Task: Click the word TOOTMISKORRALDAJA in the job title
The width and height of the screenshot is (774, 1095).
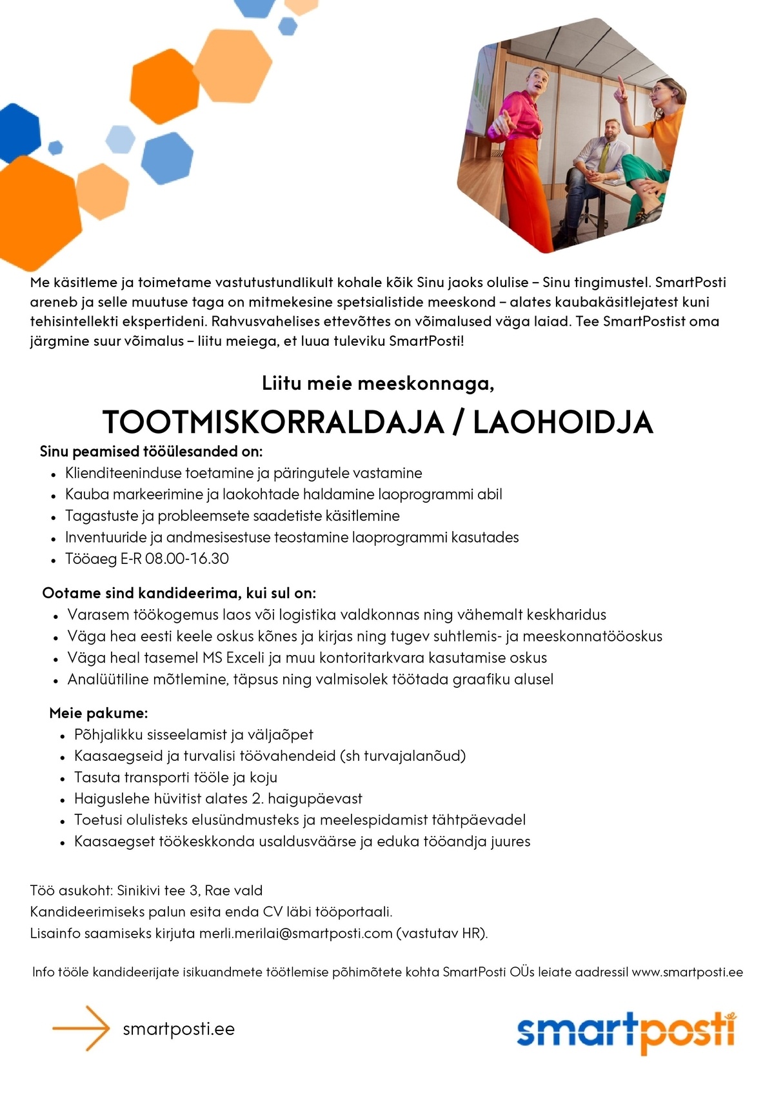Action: (x=273, y=423)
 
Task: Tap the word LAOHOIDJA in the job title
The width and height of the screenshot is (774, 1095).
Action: (x=563, y=423)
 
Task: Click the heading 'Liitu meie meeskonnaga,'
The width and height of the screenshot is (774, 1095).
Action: (x=378, y=384)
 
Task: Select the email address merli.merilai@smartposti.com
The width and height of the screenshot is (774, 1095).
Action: (x=295, y=933)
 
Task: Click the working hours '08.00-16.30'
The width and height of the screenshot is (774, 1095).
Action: (x=187, y=559)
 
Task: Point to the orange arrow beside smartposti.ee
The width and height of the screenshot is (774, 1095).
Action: (x=81, y=1029)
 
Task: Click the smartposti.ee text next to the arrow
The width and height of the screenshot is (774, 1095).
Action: (x=179, y=1029)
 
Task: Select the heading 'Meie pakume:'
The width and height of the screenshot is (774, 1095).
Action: (x=99, y=713)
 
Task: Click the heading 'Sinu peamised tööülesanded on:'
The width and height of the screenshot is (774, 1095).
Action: (x=152, y=451)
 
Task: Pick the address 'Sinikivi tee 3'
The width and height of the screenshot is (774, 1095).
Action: (x=157, y=890)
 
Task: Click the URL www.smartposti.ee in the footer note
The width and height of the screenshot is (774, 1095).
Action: (x=687, y=972)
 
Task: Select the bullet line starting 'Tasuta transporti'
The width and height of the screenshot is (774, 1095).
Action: (x=175, y=778)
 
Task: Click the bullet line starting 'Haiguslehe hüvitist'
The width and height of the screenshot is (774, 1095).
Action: (x=218, y=799)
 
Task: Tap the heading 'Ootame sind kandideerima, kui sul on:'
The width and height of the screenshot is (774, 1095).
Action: (x=179, y=593)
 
